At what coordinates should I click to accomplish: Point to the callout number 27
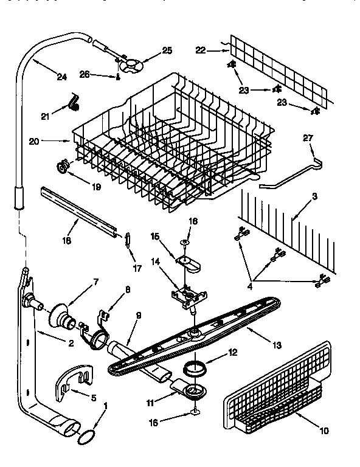(x=308, y=139)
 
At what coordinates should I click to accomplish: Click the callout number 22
(x=201, y=50)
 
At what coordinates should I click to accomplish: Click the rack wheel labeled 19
(x=63, y=165)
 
